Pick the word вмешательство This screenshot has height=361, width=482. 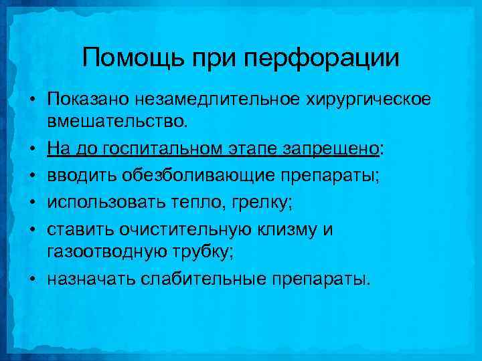coord(118,122)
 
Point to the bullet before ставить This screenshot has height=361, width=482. coord(31,229)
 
